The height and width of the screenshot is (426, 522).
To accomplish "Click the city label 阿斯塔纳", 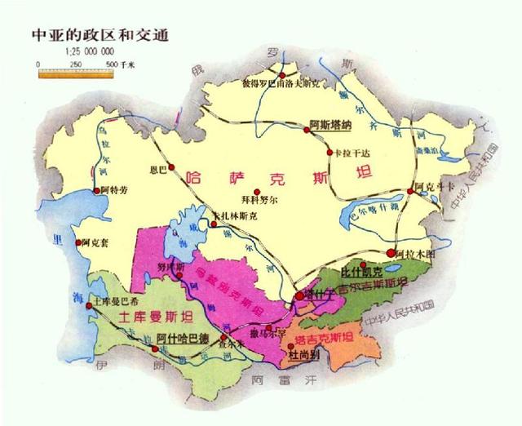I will (330, 126).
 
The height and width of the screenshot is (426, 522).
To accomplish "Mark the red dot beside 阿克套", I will (79, 242).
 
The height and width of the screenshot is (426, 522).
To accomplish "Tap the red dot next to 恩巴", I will (172, 170).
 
